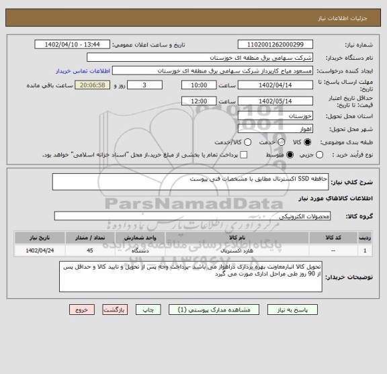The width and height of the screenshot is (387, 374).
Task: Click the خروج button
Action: click(82, 311)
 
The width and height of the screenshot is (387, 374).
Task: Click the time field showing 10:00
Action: click(198, 86)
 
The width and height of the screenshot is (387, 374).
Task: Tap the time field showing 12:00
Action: click(198, 101)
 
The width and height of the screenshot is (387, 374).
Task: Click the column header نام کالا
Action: click(236, 237)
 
